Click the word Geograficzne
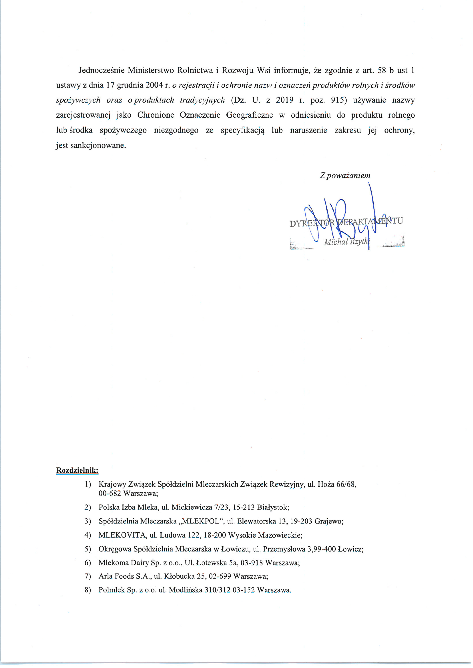point(249,115)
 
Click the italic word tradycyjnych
point(202,100)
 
